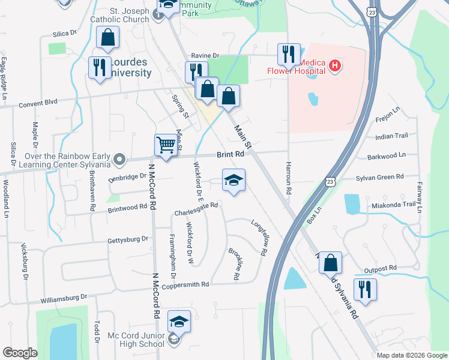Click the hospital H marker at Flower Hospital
coord(335,65)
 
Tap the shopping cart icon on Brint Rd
coord(166,145)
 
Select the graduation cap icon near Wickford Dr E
coord(234,180)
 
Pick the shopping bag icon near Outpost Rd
coord(330,263)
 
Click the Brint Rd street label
coord(231,154)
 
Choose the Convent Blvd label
coord(38,102)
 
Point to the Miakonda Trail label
coord(393,204)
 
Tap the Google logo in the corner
coord(20,353)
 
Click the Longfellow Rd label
coord(259,237)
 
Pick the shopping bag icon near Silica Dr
coord(108,37)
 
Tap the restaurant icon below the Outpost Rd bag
coord(364,290)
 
